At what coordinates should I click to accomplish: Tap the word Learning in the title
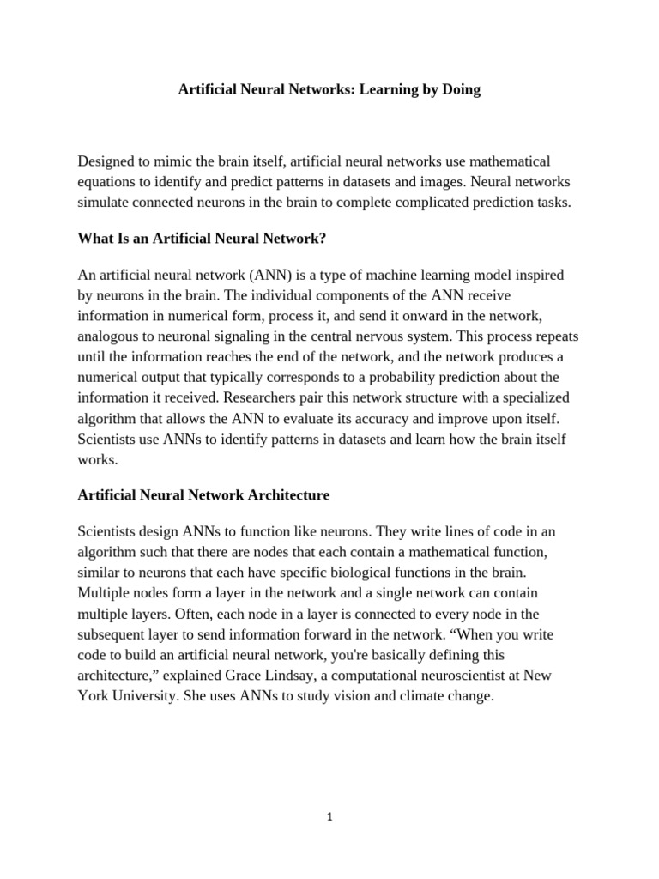point(390,90)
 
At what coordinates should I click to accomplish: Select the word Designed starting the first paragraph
point(109,161)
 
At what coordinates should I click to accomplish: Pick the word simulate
point(106,203)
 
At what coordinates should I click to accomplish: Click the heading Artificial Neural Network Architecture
point(203,495)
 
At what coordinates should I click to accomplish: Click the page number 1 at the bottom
point(329,817)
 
